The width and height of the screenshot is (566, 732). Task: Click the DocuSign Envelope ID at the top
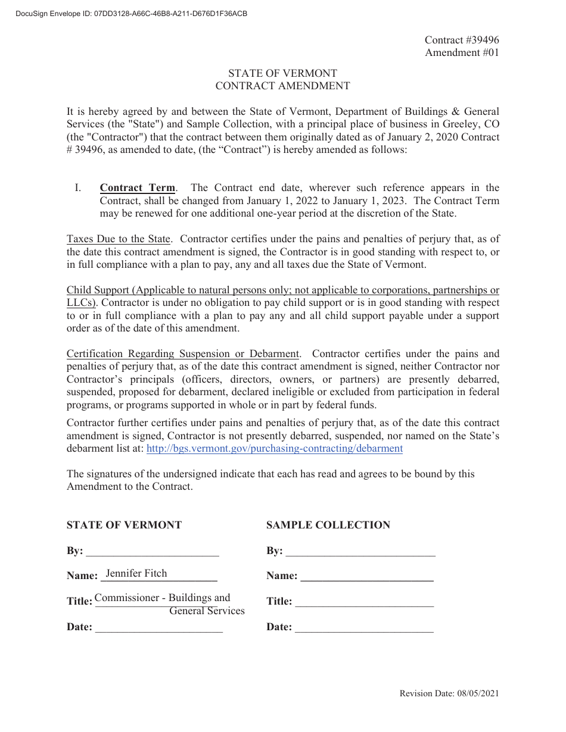point(128,14)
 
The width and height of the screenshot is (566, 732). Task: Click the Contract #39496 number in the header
point(462,40)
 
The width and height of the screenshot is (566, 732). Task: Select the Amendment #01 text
point(462,52)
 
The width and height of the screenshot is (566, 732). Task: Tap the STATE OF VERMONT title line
point(282,73)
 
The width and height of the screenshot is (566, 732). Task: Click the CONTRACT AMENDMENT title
point(282,86)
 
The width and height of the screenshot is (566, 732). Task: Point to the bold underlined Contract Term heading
point(138,188)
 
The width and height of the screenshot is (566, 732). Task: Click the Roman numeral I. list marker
point(77,188)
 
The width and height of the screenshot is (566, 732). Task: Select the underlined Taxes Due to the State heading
point(119,239)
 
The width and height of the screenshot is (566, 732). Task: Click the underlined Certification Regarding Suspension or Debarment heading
point(183,354)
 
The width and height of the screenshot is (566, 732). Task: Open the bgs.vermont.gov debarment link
point(274,449)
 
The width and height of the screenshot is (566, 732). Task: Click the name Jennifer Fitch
point(136,574)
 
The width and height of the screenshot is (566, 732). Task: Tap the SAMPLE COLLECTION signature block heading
point(328,525)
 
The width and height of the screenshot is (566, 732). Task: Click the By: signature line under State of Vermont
point(153,551)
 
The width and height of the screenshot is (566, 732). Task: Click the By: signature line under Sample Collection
point(360,551)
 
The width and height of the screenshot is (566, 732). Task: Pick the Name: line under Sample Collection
point(367,576)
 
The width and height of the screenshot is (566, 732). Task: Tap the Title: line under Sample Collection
point(365,602)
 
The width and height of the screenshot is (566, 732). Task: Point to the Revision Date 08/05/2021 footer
point(449,693)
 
